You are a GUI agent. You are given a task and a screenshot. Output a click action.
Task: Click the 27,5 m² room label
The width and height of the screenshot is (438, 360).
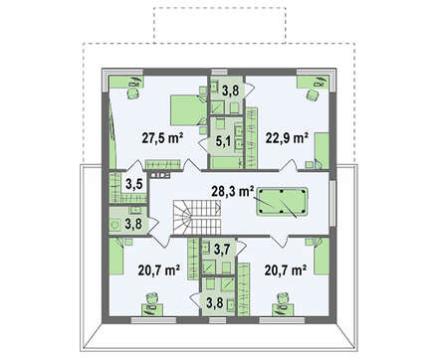162,138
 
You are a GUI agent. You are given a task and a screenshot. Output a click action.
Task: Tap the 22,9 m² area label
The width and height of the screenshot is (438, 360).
287,138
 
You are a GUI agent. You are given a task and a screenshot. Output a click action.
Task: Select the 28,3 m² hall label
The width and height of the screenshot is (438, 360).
233,191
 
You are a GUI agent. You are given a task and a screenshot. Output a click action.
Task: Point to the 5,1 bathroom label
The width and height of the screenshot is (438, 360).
223,141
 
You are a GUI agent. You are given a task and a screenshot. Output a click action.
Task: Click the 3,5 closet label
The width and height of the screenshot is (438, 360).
134,184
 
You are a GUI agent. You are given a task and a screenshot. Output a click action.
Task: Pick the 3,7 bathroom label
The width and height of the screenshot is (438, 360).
222,250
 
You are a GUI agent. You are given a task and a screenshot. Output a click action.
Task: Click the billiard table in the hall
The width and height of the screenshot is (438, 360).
283,202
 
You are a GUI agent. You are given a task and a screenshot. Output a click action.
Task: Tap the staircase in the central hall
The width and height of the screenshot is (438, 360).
196,217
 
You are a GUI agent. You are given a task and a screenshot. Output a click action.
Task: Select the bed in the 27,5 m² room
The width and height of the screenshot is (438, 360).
187,110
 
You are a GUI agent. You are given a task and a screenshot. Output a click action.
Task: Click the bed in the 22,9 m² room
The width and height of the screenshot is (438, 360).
322,151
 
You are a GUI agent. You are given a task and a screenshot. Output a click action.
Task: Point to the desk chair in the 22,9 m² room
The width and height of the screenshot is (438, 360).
312,95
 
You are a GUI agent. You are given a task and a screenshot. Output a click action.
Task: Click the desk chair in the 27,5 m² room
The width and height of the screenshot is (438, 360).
132,93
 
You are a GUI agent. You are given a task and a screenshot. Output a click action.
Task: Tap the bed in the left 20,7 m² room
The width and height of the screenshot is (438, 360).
116,257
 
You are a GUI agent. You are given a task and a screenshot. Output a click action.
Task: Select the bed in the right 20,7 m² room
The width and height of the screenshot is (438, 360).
322,257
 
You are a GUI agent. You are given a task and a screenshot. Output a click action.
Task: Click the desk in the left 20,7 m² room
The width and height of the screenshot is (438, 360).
153,309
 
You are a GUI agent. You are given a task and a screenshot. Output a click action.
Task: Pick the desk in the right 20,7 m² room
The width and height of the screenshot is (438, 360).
283,309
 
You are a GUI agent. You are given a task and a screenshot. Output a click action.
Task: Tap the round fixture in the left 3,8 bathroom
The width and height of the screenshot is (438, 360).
115,225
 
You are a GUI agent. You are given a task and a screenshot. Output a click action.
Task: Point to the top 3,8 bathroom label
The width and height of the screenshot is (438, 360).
230,90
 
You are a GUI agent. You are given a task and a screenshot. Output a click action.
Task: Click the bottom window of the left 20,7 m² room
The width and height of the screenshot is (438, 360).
153,320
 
